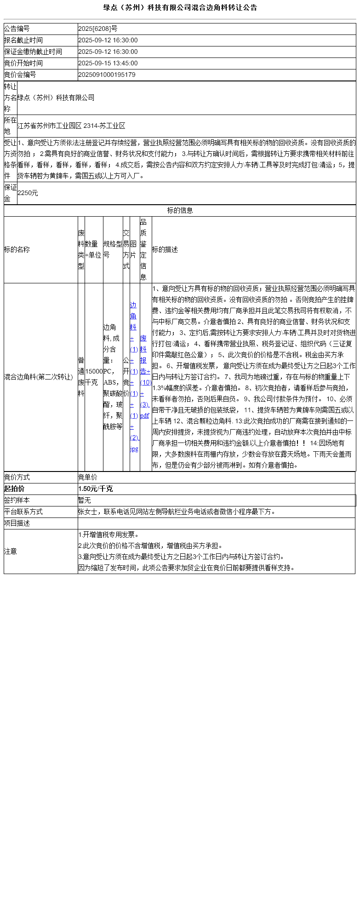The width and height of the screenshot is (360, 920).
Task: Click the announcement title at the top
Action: point(180,7)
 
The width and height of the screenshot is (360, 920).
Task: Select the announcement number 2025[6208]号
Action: point(97,29)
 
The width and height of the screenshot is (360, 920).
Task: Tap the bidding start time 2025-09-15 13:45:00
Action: point(108,63)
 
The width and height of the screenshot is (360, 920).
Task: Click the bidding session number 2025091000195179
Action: point(107,75)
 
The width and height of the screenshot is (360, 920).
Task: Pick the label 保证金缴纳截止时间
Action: point(33,52)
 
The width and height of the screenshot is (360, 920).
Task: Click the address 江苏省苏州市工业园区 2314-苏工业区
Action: point(71,126)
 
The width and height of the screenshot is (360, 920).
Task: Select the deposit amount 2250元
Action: point(28,193)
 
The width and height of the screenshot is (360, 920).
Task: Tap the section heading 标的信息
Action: point(180,211)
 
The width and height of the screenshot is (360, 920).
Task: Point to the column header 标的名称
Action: point(17,250)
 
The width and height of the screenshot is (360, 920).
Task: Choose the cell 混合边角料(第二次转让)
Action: point(39,377)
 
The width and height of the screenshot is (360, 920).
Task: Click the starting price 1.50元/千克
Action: point(95,489)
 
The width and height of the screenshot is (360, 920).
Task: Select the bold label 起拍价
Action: point(14,489)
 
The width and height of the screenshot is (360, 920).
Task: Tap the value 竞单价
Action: point(88,477)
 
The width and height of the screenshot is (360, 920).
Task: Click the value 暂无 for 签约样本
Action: point(85,500)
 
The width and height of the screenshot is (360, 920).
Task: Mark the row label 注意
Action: point(11,552)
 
